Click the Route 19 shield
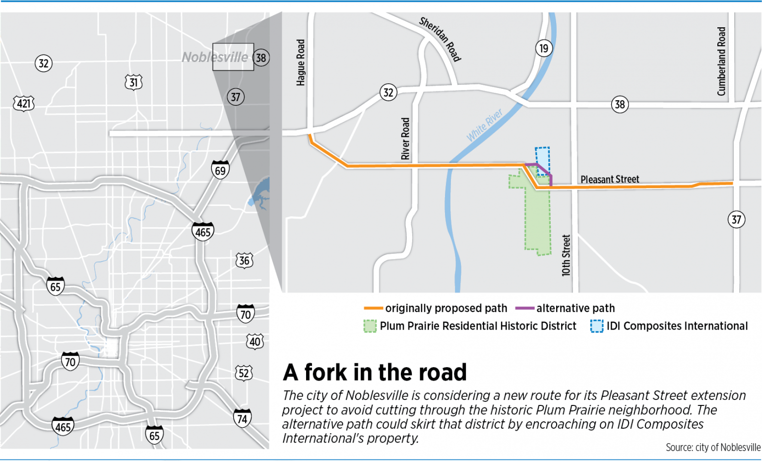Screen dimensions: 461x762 (544, 49)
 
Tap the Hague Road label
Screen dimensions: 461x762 (301, 63)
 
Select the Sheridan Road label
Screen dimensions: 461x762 (440, 39)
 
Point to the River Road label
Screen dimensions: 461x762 (405, 138)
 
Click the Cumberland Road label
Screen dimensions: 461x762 (721, 61)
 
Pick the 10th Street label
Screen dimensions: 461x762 (566, 255)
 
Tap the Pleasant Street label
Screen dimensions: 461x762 (610, 179)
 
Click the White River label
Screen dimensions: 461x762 (484, 125)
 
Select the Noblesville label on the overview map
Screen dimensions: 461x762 (215, 58)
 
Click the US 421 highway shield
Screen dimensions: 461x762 (23, 104)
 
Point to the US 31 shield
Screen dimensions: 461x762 (133, 82)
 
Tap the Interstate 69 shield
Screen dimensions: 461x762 (220, 170)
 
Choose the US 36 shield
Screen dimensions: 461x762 (244, 261)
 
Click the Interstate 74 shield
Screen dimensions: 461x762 (242, 418)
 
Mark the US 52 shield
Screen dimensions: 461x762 (244, 373)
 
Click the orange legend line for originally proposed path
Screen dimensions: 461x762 (374, 308)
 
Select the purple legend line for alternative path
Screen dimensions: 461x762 (524, 308)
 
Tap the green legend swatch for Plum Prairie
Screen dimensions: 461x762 (370, 326)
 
